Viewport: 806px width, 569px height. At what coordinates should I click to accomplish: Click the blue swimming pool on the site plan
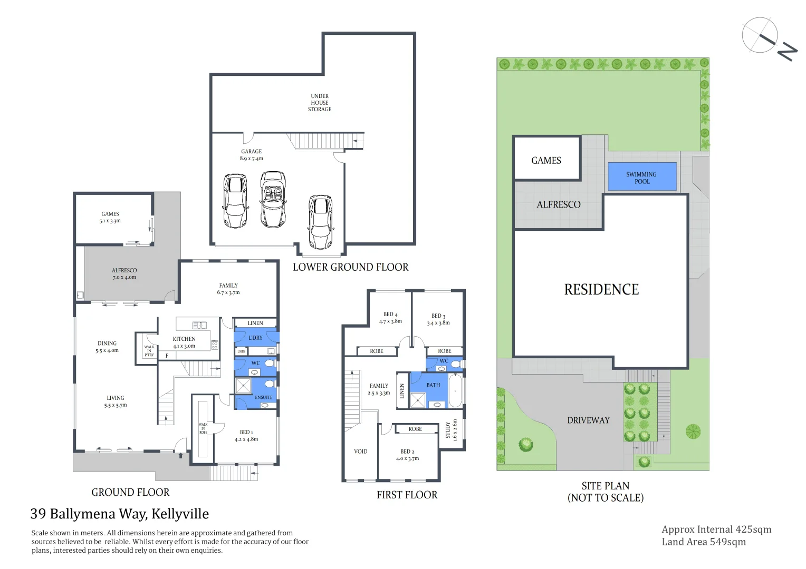click(642, 176)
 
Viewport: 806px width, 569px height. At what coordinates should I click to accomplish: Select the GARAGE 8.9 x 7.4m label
click(252, 155)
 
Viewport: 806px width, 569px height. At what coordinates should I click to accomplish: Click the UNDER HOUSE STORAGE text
click(320, 103)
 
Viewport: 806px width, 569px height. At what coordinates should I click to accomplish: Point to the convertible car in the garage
click(273, 199)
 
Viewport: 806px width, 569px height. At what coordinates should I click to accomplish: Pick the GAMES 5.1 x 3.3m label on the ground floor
click(110, 218)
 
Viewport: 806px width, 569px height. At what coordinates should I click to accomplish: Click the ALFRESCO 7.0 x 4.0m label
click(124, 274)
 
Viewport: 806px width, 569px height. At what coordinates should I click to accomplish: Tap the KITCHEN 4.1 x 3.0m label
click(184, 342)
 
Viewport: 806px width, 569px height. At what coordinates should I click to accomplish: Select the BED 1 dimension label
click(246, 436)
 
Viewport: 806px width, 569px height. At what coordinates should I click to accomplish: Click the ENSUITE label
click(264, 397)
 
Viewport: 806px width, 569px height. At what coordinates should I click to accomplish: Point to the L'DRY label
click(255, 338)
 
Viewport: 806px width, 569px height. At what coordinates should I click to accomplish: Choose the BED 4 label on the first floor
click(390, 318)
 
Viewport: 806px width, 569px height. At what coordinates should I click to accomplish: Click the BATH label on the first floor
click(433, 385)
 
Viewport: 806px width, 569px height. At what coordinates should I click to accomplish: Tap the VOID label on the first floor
click(361, 452)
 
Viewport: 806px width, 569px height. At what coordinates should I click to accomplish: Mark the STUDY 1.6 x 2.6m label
click(452, 430)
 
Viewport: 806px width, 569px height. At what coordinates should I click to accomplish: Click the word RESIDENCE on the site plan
click(601, 290)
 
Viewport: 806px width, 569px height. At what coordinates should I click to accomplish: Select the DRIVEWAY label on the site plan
click(588, 420)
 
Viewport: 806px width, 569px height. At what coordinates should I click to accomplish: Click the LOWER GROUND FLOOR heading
click(350, 267)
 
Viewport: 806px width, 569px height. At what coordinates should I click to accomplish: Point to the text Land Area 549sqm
click(704, 542)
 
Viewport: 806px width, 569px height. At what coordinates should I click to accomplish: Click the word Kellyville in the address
click(180, 514)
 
